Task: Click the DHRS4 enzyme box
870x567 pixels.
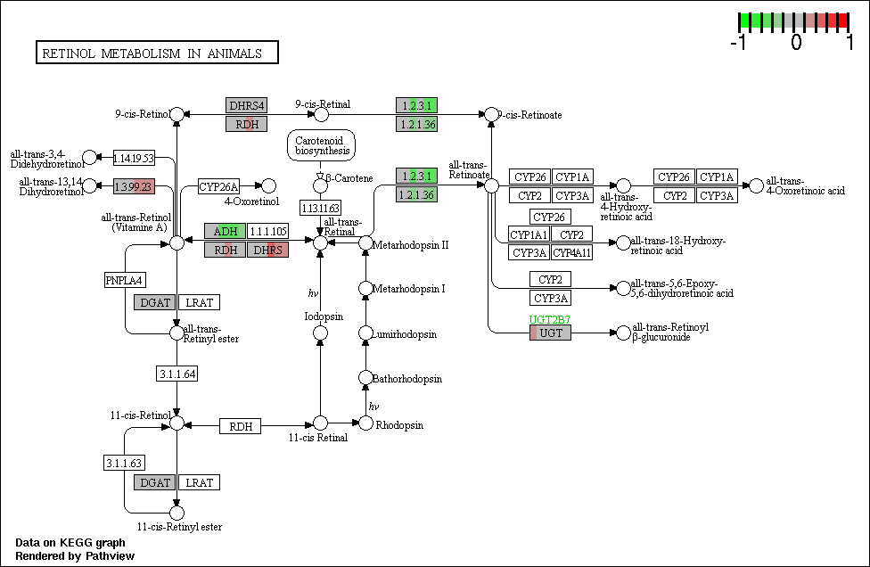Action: click(246, 105)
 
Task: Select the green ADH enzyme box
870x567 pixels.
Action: click(225, 231)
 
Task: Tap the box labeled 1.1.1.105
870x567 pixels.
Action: click(268, 231)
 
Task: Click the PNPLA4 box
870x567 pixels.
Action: click(125, 280)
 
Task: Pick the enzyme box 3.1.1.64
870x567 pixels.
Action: click(177, 374)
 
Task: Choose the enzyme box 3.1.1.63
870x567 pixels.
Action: click(124, 463)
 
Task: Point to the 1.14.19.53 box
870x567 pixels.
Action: click(134, 158)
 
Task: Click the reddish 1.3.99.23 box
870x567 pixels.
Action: click(134, 186)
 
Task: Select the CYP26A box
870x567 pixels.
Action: click(218, 186)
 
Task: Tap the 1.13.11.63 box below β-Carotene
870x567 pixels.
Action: click(320, 208)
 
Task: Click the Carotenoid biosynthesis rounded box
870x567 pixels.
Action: click(321, 146)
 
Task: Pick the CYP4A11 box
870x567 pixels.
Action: click(572, 253)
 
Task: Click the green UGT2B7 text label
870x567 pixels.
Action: click(549, 319)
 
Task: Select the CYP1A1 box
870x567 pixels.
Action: click(529, 234)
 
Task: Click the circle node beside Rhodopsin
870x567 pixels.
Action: click(365, 423)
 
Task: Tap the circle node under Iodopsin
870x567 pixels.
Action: click(320, 333)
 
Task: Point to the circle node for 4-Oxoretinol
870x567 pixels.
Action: click(268, 185)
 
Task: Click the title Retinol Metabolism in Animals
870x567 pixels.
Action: click(152, 53)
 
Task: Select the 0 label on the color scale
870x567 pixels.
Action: click(796, 42)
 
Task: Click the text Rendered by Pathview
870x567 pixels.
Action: click(75, 556)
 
